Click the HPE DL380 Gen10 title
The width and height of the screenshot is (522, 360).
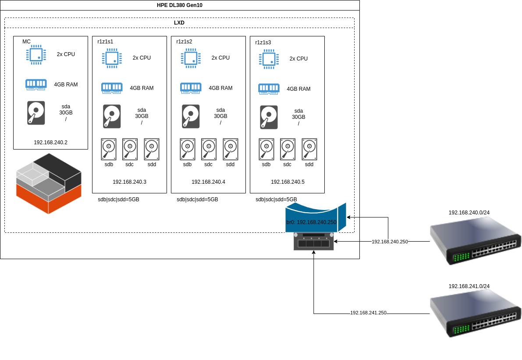pos(180,5)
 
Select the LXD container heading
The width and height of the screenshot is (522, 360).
pos(179,23)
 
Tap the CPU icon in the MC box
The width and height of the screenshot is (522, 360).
pos(36,55)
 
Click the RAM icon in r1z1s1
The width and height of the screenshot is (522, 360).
pos(112,88)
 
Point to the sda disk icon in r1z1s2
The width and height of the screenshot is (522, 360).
pos(191,116)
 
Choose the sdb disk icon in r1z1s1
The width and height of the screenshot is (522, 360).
pos(109,150)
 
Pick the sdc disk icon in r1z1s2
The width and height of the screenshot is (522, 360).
pos(209,150)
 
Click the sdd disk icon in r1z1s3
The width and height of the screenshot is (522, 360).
pos(309,150)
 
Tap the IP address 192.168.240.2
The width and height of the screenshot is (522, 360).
pos(50,143)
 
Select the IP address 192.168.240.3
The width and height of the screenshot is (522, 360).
pos(129,182)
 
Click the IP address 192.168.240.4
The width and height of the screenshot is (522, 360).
pos(208,182)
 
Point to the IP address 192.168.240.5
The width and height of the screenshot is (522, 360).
pos(288,182)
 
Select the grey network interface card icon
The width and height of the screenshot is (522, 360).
pos(313,242)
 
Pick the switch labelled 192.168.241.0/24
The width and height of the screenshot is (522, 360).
pos(476,314)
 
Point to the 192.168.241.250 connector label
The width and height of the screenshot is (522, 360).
pos(368,313)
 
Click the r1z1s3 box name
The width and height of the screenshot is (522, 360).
pos(263,43)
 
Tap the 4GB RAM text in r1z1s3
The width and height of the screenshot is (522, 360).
pos(298,89)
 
